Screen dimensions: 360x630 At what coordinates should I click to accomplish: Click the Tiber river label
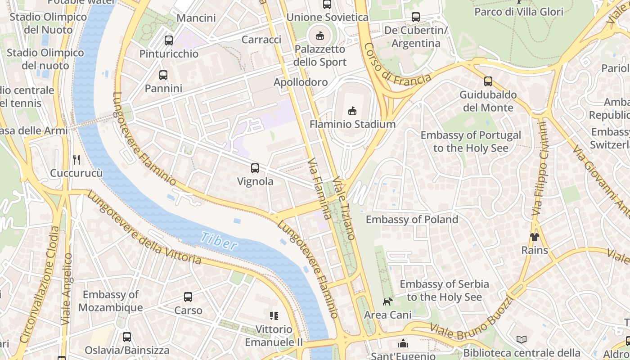pyautogui.click(x=219, y=241)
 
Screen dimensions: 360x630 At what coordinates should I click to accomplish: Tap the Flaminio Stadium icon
pyautogui.click(x=352, y=110)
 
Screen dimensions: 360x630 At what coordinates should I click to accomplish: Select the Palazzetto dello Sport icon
pyautogui.click(x=320, y=35)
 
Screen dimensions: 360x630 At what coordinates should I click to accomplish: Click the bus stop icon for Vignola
pyautogui.click(x=255, y=168)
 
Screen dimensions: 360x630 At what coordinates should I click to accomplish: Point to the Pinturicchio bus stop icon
pyautogui.click(x=169, y=40)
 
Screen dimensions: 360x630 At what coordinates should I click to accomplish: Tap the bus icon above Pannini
pyautogui.click(x=163, y=75)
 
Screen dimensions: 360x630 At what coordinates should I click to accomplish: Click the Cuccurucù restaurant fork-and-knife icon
pyautogui.click(x=76, y=159)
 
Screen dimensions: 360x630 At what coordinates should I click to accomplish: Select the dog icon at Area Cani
pyautogui.click(x=387, y=301)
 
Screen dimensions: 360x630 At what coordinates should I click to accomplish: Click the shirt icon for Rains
pyautogui.click(x=534, y=237)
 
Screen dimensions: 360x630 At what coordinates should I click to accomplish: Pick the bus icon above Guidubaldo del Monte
pyautogui.click(x=488, y=81)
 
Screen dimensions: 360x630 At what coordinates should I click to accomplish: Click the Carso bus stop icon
pyautogui.click(x=188, y=297)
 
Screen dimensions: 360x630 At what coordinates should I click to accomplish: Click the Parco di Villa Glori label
pyautogui.click(x=519, y=12)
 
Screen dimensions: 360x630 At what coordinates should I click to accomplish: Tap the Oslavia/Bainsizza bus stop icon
pyautogui.click(x=127, y=337)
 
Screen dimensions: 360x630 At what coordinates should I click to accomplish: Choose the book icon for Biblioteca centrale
pyautogui.click(x=522, y=339)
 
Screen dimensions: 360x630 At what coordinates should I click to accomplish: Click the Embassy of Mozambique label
pyautogui.click(x=110, y=301)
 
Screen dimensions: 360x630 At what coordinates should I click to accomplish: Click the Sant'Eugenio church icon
pyautogui.click(x=403, y=343)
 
